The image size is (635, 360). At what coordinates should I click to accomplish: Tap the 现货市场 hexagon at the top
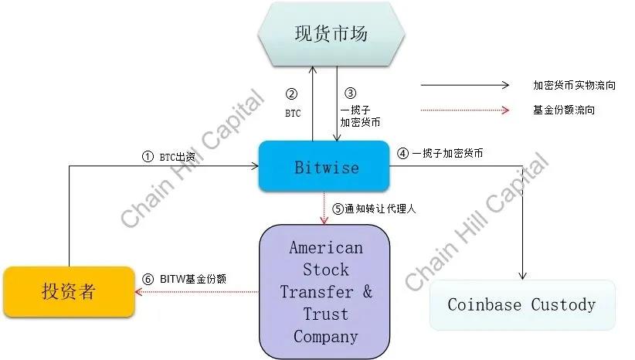click(x=331, y=34)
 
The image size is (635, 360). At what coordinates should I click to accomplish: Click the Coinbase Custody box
click(x=522, y=304)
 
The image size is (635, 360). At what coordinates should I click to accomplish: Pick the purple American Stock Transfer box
click(x=325, y=292)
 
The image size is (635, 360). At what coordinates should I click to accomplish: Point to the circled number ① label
click(x=148, y=156)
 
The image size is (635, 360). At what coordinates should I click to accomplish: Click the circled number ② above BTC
click(x=291, y=94)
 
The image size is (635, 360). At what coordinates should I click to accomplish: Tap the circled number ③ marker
click(x=349, y=94)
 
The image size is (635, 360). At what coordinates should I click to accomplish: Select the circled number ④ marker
click(x=402, y=153)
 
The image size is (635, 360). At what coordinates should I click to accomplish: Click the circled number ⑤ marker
click(x=338, y=209)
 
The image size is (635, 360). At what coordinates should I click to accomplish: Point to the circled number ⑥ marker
click(x=149, y=279)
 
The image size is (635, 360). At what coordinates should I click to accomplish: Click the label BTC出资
click(x=178, y=156)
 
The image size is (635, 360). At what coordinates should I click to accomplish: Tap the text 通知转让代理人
click(x=380, y=209)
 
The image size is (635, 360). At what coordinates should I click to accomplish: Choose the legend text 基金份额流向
click(x=564, y=110)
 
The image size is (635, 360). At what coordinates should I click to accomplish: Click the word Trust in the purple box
click(x=325, y=314)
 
